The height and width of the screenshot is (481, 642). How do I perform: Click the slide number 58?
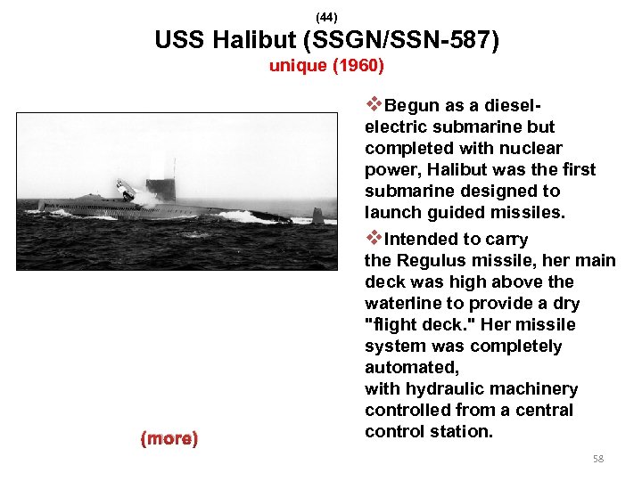tap(598, 459)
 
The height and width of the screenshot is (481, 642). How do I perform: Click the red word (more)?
tap(169, 438)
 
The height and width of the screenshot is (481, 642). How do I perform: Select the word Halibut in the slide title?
tap(251, 41)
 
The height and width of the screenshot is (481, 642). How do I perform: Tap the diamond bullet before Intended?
tap(374, 238)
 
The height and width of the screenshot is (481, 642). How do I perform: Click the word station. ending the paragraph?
tap(460, 431)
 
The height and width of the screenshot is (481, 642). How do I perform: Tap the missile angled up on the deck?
tap(126, 189)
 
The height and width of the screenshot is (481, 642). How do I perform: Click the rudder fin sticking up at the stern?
tap(317, 215)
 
